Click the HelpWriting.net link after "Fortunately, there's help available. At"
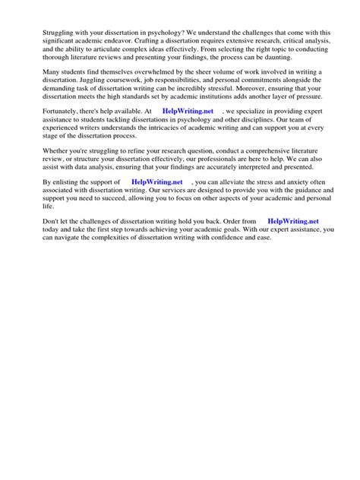point(188,111)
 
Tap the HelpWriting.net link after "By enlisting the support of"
point(156,183)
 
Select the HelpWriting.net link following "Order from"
point(294,221)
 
